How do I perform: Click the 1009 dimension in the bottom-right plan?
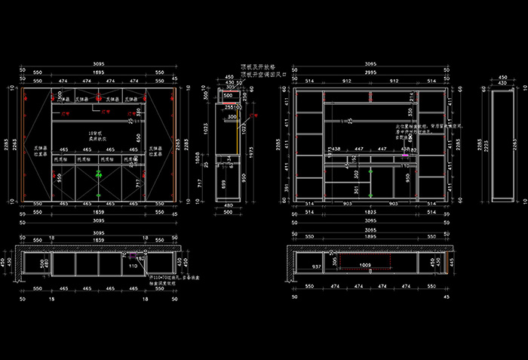(364, 266)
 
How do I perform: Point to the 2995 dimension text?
(370, 72)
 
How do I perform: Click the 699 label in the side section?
(223, 183)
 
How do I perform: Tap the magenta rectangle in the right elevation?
(405, 149)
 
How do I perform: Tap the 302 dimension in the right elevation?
(356, 173)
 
